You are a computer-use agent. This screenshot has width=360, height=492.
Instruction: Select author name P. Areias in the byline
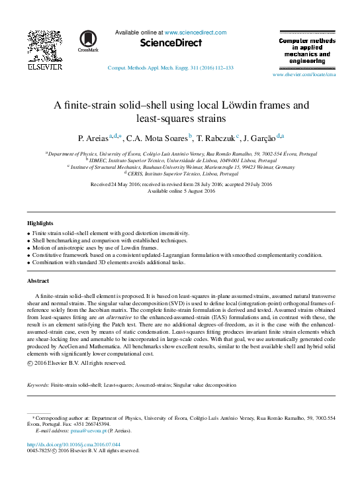coord(93,138)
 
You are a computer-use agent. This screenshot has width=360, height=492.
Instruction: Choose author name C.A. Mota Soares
coord(156,138)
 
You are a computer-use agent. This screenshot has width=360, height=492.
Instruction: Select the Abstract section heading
coord(38,281)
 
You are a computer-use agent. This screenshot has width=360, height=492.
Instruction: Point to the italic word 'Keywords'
coord(37,384)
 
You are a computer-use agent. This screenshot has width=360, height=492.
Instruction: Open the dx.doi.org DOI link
coord(73,444)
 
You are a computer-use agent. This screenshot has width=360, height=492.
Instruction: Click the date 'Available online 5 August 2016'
coord(181,191)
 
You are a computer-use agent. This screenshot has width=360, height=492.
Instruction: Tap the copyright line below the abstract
coord(76,363)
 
